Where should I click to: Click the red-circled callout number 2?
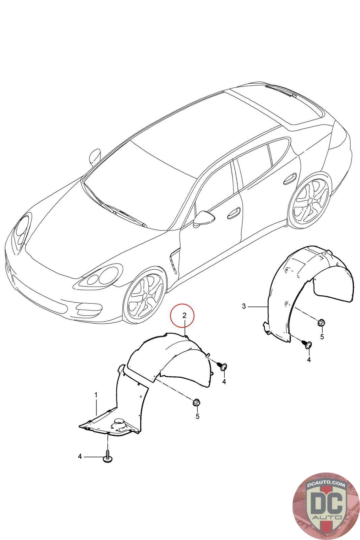[184, 315]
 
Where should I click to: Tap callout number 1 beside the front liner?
[96, 395]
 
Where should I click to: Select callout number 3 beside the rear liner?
[244, 306]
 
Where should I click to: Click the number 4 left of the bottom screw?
[80, 457]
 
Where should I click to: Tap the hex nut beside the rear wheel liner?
[322, 322]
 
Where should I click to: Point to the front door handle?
[234, 213]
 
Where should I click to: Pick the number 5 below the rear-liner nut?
[322, 336]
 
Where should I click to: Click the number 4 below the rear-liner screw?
[309, 359]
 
